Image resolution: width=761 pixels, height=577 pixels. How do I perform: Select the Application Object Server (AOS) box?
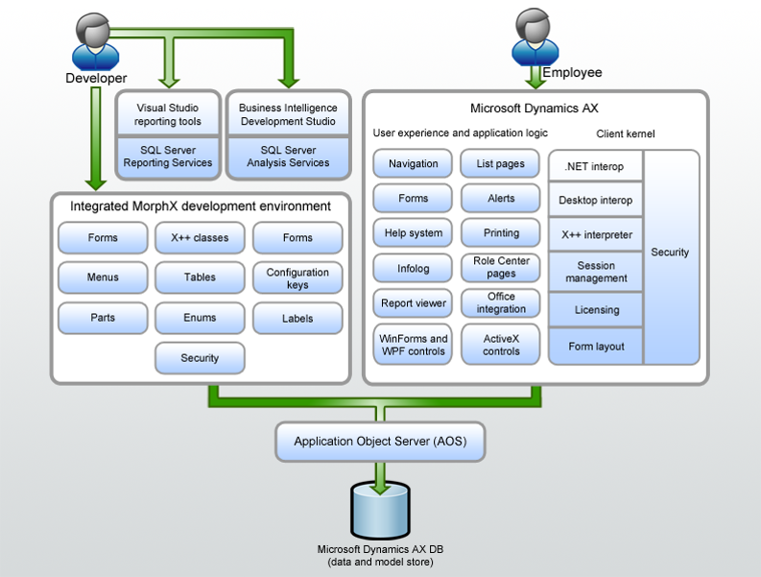380,442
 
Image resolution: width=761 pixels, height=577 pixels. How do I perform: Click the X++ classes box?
200,238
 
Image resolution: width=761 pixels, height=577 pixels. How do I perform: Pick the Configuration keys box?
297,278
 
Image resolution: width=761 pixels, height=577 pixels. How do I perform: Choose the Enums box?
200,318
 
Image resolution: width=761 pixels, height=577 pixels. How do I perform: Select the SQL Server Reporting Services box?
167,157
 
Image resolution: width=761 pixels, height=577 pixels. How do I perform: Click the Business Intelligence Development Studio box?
287,115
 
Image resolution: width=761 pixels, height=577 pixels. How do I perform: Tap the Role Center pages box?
501,267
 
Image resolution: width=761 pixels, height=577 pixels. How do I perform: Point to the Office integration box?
501,302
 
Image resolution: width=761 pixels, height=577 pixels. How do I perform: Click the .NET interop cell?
595,167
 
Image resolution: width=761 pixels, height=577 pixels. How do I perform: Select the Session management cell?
595,272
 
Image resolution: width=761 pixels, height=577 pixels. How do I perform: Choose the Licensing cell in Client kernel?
595,310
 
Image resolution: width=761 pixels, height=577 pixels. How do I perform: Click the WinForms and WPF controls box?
413,345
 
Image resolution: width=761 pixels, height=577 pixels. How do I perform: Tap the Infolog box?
413,269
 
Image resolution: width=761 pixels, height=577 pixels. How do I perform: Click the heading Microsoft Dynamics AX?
535,108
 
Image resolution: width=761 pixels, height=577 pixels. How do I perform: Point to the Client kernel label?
625,133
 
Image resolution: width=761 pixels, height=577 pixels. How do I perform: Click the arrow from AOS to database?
380,474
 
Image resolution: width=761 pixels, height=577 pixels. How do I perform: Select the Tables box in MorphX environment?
200,277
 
